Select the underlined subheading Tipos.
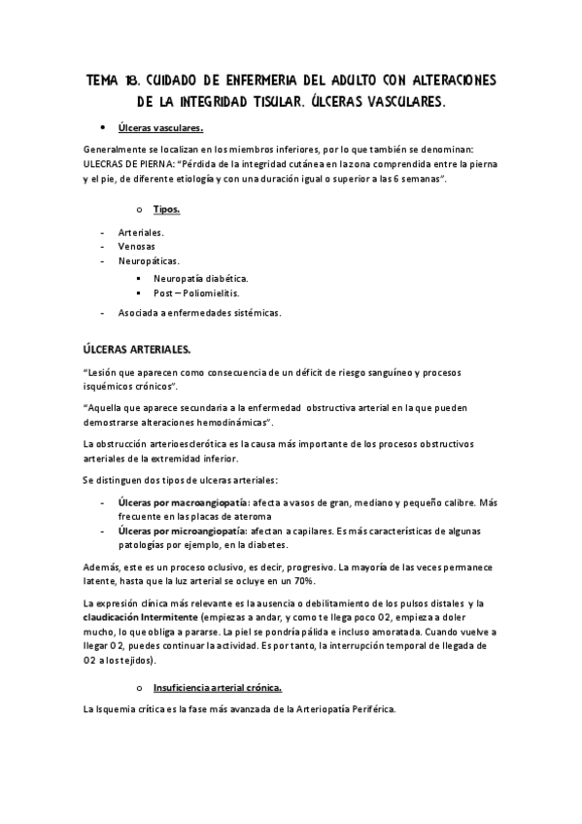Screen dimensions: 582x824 166,209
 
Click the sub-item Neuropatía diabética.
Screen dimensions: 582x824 200,278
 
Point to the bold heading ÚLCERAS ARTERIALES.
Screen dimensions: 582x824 137,349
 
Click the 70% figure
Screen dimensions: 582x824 302,580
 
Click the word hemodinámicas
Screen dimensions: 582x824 228,424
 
